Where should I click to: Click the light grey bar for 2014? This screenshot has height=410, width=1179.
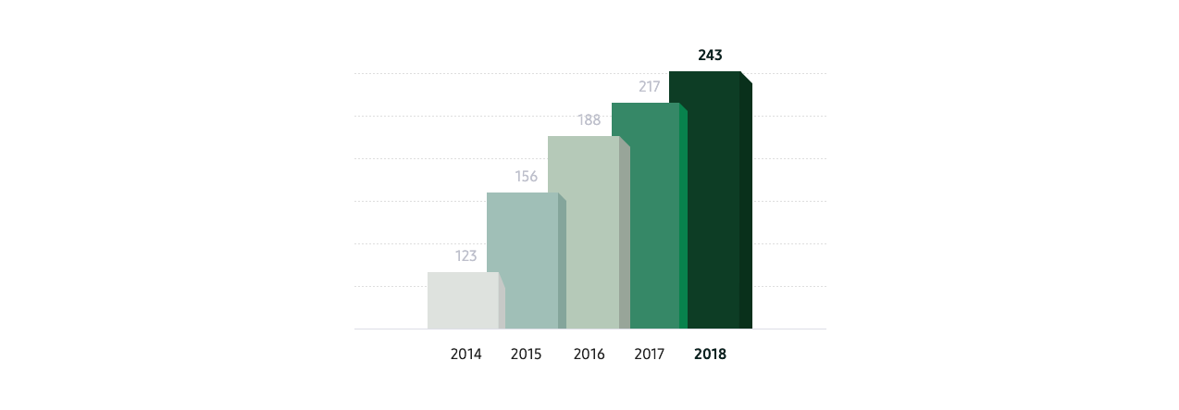coord(462,301)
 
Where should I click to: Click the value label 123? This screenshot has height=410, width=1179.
coord(465,256)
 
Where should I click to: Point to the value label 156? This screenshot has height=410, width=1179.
coord(526,177)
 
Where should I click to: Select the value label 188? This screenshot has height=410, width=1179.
coord(589,119)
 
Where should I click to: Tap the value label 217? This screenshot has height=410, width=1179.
coord(649,87)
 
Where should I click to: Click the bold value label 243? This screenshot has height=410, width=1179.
coord(710,56)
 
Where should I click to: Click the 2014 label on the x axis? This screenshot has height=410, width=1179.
coord(465,354)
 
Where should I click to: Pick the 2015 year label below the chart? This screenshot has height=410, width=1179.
coord(526,354)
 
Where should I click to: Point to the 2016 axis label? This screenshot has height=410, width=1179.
coord(589,354)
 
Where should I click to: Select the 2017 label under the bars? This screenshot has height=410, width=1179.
coord(649,354)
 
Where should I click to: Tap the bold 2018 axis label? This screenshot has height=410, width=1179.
coord(710,354)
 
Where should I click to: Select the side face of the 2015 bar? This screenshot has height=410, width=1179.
coord(562,265)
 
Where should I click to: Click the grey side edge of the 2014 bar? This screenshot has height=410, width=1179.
coord(502,305)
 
